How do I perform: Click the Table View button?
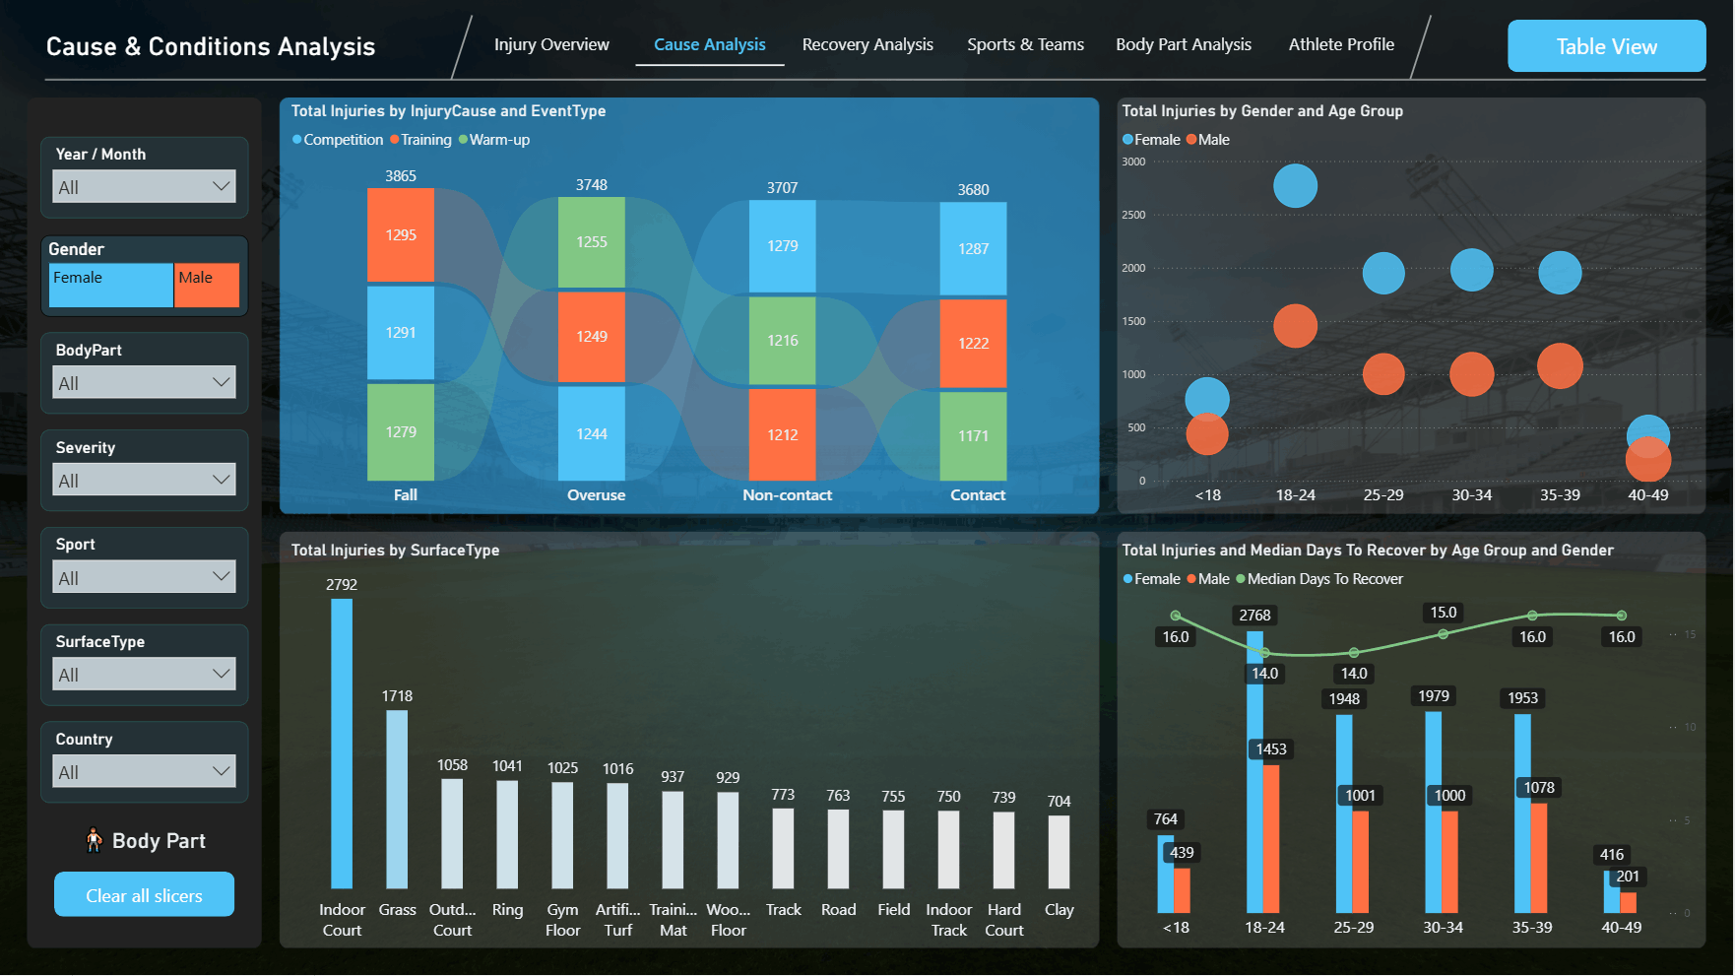pos(1606,46)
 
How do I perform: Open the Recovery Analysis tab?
pos(867,44)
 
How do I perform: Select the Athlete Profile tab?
pos(1341,44)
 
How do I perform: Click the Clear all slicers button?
pos(144,895)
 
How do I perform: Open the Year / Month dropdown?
pos(144,186)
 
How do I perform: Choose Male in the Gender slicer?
pos(207,285)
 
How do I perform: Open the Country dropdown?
pos(144,771)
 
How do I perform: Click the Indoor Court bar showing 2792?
pos(342,744)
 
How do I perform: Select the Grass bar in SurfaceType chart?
pos(397,800)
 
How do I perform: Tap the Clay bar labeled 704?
pos(1059,852)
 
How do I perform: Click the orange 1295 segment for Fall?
pos(401,235)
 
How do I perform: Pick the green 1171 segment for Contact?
pos(973,436)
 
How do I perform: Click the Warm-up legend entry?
pos(494,140)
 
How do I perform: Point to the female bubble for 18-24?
pos(1295,186)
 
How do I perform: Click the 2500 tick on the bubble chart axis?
pos(1133,215)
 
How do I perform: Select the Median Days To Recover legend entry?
pos(1319,579)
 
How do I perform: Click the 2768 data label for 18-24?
pos(1254,616)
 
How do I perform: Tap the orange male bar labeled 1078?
pos(1539,858)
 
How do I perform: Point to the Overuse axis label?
pos(596,495)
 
